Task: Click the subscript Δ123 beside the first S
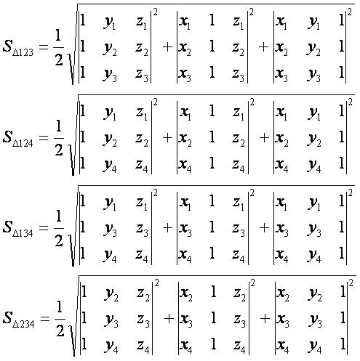[x=23, y=52]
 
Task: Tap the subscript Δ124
[x=23, y=143]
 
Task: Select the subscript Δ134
[x=23, y=233]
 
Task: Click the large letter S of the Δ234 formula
[x=7, y=317]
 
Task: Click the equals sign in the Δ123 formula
[x=44, y=47]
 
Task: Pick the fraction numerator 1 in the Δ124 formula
[x=58, y=126]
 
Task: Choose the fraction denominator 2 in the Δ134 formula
[x=59, y=240]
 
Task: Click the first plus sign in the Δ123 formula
[x=167, y=47]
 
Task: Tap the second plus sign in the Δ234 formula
[x=265, y=319]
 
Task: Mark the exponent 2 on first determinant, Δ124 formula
[x=155, y=102]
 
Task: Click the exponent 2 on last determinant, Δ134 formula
[x=350, y=192]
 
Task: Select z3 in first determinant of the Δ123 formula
[x=142, y=75]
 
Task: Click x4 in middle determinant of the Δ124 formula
[x=185, y=166]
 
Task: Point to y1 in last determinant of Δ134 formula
[x=314, y=204]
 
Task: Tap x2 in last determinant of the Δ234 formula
[x=283, y=294]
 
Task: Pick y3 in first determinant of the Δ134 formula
[x=111, y=230]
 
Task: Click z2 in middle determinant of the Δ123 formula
[x=238, y=49]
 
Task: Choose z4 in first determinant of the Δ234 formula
[x=143, y=346]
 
